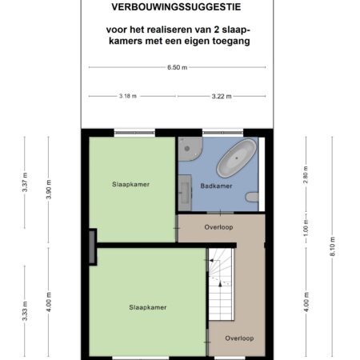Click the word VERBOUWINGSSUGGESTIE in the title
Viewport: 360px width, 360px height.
[x=176, y=7]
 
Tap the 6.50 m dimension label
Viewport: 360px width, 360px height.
[x=178, y=67]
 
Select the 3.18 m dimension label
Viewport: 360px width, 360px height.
[x=128, y=96]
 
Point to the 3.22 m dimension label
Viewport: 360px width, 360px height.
[x=222, y=96]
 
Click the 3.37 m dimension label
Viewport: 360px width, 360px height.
[x=25, y=182]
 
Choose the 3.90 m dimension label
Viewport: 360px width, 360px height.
[x=49, y=190]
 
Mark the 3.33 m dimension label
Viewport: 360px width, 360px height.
[x=25, y=311]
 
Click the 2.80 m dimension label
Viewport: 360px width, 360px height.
[x=306, y=174]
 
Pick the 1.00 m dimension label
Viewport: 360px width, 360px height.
[x=306, y=228]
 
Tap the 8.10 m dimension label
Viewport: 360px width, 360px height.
[x=333, y=246]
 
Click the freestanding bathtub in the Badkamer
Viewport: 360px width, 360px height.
[x=237, y=158]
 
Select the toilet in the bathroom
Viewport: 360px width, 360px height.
[x=252, y=197]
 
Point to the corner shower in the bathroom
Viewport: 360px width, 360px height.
[x=190, y=149]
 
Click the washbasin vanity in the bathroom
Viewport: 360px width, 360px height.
[x=185, y=193]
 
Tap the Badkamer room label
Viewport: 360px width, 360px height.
[x=216, y=186]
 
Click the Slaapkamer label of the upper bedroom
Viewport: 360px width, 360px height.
[x=130, y=184]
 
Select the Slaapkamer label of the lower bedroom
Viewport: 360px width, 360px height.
[x=148, y=307]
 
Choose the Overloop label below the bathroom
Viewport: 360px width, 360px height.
[x=218, y=227]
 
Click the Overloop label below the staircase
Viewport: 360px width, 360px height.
[x=239, y=338]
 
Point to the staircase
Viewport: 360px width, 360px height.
[x=222, y=284]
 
